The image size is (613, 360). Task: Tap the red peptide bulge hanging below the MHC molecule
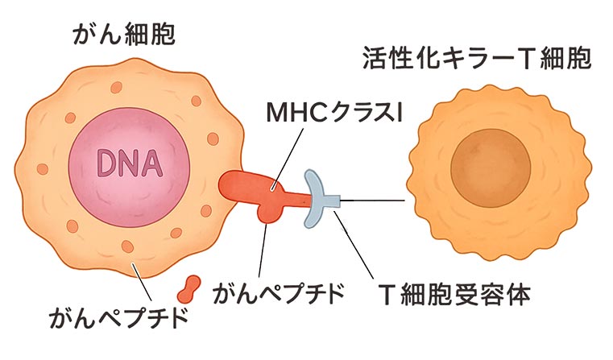click(266, 211)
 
